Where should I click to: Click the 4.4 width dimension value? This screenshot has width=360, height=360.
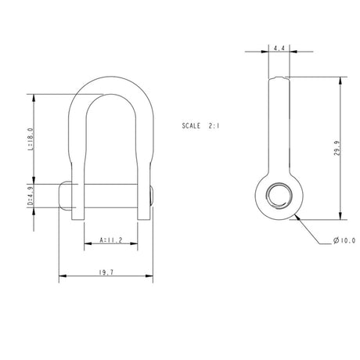click(279, 49)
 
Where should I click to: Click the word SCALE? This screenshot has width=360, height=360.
click(191, 125)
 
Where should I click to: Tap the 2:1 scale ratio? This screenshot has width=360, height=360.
click(215, 125)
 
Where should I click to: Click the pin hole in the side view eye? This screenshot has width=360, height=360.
click(278, 196)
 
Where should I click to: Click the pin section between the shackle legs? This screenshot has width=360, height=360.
click(111, 196)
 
